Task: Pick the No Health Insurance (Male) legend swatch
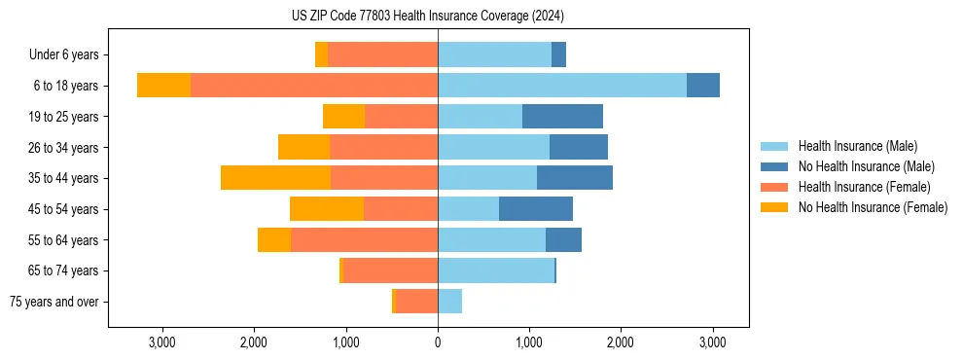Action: tap(775, 166)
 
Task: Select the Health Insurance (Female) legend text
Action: tap(865, 187)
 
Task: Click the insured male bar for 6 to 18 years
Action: tap(562, 86)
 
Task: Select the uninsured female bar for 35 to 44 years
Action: tap(275, 178)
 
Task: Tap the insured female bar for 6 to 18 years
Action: tap(314, 86)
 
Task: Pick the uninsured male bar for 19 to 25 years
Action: tap(562, 117)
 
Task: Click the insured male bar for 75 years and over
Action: tap(449, 302)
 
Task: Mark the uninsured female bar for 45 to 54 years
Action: tap(327, 209)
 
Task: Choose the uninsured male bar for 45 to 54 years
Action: tap(536, 209)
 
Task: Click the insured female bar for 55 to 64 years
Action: tap(364, 239)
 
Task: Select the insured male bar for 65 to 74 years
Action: tap(496, 270)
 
